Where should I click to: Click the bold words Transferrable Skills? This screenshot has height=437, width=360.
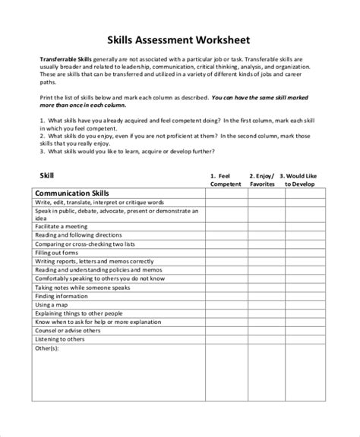65,59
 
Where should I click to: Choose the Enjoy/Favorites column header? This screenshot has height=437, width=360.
264,179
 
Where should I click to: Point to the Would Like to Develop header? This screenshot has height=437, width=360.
302,179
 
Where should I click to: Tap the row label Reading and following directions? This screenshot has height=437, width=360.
78,234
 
